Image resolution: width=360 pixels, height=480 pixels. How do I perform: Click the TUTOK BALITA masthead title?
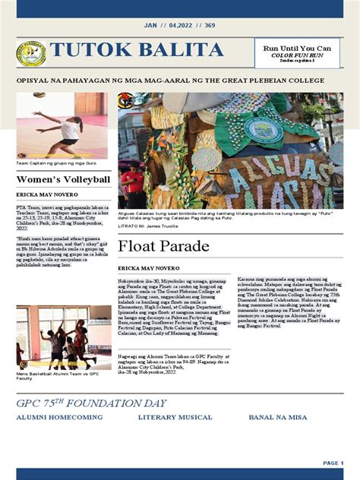point(137,52)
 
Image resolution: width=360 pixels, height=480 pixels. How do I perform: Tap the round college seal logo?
point(30,53)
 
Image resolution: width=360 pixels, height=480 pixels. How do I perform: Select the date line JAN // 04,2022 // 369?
point(179,26)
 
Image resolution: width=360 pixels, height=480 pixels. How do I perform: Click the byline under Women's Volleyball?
point(46,195)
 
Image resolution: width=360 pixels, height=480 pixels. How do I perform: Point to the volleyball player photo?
point(63,125)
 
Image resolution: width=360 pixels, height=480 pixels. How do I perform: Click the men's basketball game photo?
point(63,336)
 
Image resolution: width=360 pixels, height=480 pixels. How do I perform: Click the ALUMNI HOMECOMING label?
point(59,418)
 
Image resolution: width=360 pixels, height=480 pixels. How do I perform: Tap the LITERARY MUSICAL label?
point(175,418)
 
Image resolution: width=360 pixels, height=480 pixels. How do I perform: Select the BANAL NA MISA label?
point(281,418)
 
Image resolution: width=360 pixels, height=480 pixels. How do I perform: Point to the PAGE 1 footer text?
point(333,463)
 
